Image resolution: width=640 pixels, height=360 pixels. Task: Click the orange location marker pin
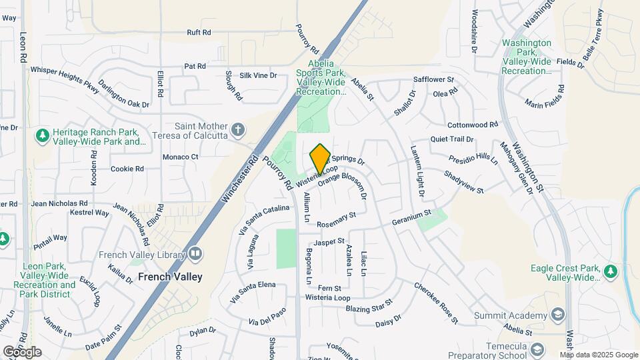pos(320,159)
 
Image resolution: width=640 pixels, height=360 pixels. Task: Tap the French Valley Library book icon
pos(195,253)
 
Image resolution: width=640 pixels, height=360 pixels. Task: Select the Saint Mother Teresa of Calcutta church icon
pos(238,128)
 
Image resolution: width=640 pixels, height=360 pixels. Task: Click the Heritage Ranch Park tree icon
pos(42,135)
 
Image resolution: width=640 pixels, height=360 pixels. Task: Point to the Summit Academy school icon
pos(557,315)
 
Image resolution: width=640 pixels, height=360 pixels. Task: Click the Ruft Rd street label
pos(199,32)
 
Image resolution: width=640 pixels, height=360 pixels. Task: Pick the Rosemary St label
pos(337,220)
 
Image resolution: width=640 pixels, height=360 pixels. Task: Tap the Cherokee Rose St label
pos(436,303)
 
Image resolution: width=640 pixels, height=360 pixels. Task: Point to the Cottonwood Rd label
pos(473,125)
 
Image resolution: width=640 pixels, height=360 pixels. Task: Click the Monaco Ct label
pos(181,157)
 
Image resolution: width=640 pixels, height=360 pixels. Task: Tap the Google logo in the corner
pos(22,352)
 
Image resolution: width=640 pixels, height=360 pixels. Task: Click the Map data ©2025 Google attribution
pos(599,355)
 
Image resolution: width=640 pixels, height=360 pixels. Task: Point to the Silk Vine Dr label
pos(258,75)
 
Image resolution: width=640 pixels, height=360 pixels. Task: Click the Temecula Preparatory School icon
pos(537,349)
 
